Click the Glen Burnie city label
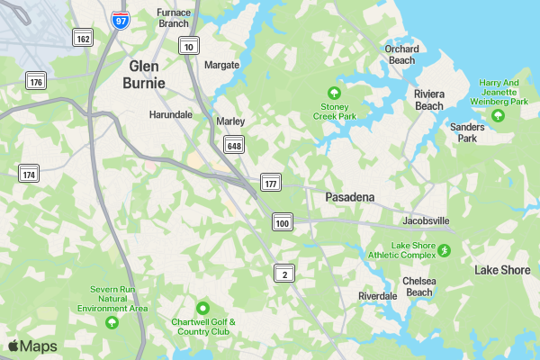[x=148, y=74]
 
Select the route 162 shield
[x=83, y=38]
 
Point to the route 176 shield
[x=36, y=82]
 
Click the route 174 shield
[x=29, y=173]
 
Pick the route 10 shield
[x=188, y=47]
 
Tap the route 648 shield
[x=234, y=145]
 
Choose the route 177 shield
[x=271, y=183]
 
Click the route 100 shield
[x=283, y=222]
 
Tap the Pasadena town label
[x=349, y=196]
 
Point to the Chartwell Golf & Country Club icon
[x=202, y=308]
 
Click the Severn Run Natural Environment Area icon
[x=112, y=322]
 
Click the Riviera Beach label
[x=428, y=99]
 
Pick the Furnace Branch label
[x=173, y=18]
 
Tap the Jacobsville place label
[x=425, y=220]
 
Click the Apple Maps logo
[x=32, y=346]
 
